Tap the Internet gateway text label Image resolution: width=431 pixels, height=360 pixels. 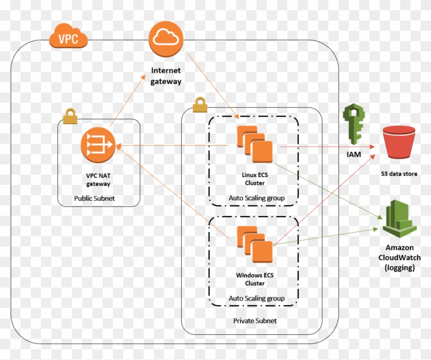[x=166, y=75]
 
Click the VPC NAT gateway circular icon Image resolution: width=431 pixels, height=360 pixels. [x=98, y=146]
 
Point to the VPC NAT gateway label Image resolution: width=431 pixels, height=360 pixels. [x=98, y=179]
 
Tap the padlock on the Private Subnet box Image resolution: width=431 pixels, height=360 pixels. [x=200, y=105]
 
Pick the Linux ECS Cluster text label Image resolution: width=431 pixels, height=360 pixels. [x=255, y=179]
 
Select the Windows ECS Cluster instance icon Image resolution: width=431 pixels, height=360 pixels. [x=255, y=244]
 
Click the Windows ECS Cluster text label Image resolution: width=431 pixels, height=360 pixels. [x=255, y=279]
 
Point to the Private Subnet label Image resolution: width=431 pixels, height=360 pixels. [x=255, y=320]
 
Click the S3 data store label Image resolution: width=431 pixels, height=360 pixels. [x=399, y=174]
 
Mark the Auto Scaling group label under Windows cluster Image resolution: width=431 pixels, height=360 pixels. [x=257, y=298]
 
